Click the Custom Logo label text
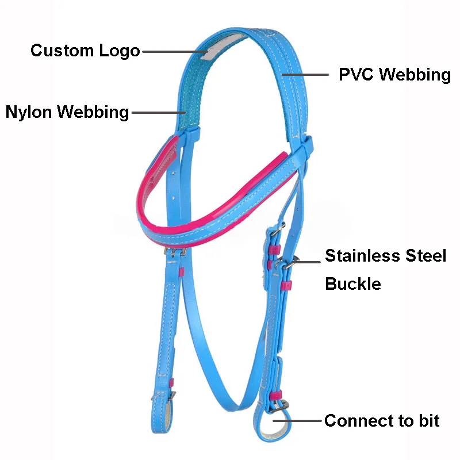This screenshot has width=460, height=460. tap(85, 51)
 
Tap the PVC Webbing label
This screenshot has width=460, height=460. tap(394, 75)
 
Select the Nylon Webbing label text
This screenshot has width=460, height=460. tap(67, 112)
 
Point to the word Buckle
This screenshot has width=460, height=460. tap(353, 283)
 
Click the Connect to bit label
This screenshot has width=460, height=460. tap(382, 421)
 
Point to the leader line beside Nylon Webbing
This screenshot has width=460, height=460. tap(159, 112)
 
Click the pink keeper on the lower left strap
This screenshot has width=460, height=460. tap(171, 382)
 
